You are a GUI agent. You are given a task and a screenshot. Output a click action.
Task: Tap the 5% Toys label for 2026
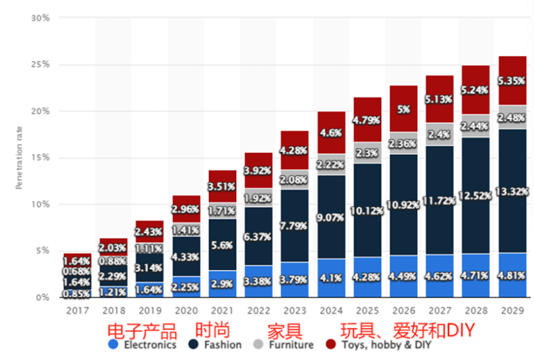pyautogui.click(x=404, y=109)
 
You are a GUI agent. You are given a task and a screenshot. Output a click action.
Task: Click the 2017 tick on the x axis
pyautogui.click(x=77, y=311)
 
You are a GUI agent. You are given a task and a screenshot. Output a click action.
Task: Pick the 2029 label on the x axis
pyautogui.click(x=511, y=311)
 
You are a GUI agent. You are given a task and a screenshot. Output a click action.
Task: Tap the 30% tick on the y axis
pyautogui.click(x=40, y=18)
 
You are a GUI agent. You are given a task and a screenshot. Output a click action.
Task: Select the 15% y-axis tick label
pyautogui.click(x=40, y=158)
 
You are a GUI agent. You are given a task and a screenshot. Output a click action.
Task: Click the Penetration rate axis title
pyautogui.click(x=20, y=158)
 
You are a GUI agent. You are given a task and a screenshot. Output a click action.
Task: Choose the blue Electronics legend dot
pyautogui.click(x=113, y=345)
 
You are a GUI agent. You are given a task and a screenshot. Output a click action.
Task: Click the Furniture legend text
pyautogui.click(x=291, y=345)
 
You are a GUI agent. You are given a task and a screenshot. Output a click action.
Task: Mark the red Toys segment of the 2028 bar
pyautogui.click(x=475, y=81)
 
